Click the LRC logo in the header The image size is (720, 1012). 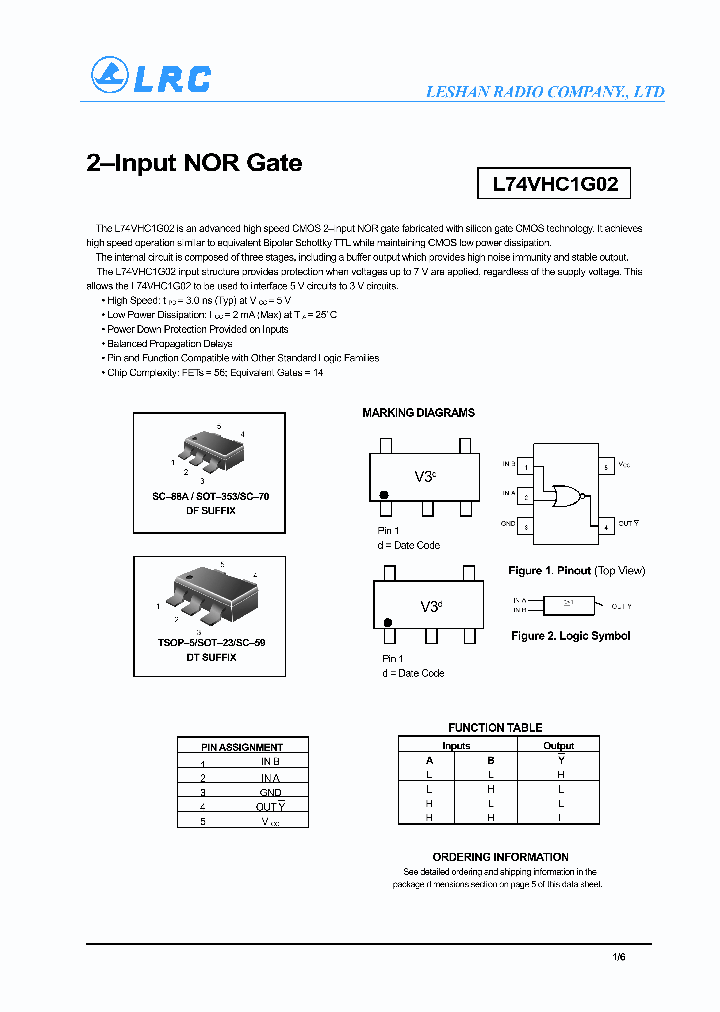tap(151, 77)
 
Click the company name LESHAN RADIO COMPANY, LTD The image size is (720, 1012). tap(545, 92)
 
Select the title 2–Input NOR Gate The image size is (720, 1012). tap(194, 163)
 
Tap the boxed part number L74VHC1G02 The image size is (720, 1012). tap(555, 185)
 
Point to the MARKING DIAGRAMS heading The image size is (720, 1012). tap(418, 413)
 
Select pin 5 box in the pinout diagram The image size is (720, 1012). tap(605, 465)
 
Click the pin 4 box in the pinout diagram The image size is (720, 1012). tap(605, 524)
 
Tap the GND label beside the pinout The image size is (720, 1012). tap(508, 524)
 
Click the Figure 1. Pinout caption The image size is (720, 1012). tap(576, 571)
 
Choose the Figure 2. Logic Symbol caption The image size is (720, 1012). tap(570, 636)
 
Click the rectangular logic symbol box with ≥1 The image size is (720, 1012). tap(568, 606)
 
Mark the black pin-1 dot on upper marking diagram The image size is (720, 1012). tap(383, 494)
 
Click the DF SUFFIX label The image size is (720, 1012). tap(210, 511)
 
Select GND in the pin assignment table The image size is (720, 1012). tap(270, 792)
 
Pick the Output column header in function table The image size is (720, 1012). tap(558, 746)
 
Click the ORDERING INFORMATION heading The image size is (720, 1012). tap(500, 857)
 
